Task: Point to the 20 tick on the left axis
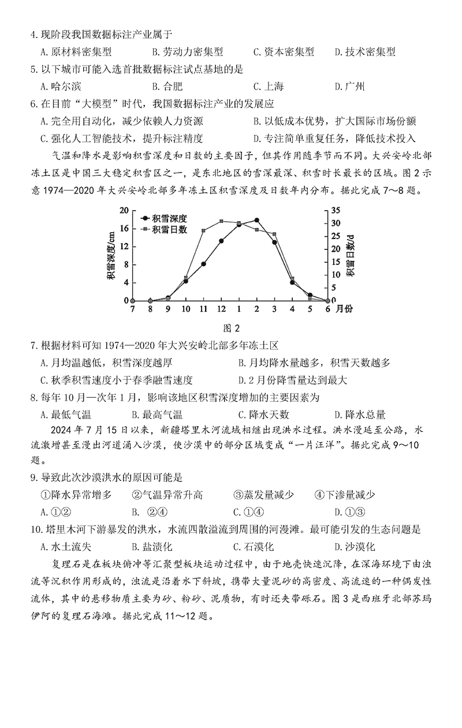tap(123, 211)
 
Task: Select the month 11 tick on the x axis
tap(203, 309)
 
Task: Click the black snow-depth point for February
tap(256, 220)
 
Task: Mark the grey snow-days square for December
tap(221, 221)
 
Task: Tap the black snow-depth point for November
tap(203, 263)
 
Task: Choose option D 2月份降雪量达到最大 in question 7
tap(292, 380)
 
